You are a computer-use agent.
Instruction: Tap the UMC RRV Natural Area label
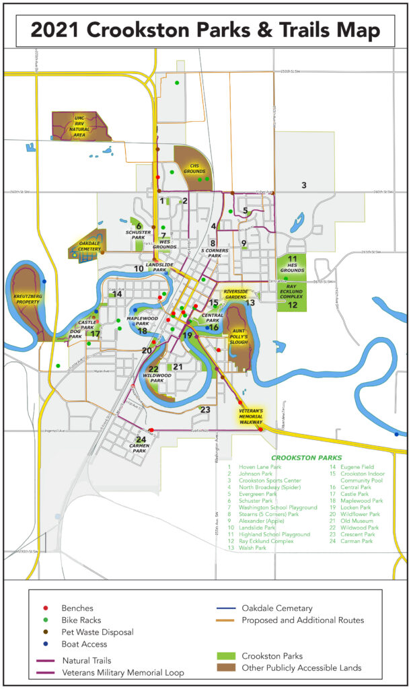coord(80,126)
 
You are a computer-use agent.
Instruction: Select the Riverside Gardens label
coord(235,294)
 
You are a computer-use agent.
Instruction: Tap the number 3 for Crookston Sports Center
coord(304,186)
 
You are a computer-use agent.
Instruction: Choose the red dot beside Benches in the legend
coord(47,608)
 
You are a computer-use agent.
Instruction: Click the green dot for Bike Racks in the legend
coord(47,620)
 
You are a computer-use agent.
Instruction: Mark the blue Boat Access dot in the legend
coord(47,644)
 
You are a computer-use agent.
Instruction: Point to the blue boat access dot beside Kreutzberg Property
coord(44,281)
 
